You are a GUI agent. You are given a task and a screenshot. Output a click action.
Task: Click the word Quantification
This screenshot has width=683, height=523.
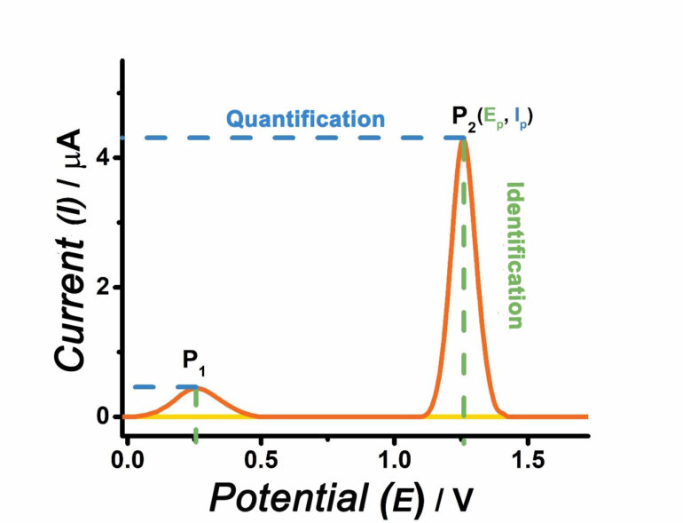pyautogui.click(x=305, y=119)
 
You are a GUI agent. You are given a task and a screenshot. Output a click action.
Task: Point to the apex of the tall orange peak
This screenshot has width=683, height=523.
pyautogui.click(x=463, y=139)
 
